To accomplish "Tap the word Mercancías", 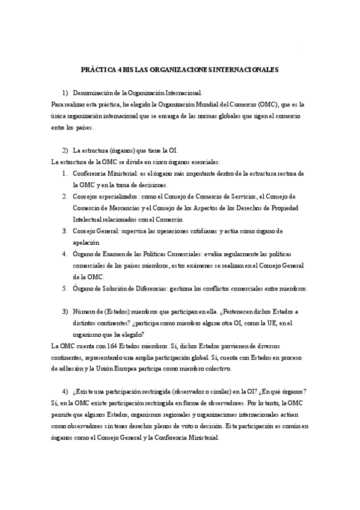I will [124, 207].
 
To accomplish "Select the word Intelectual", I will [88, 219].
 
